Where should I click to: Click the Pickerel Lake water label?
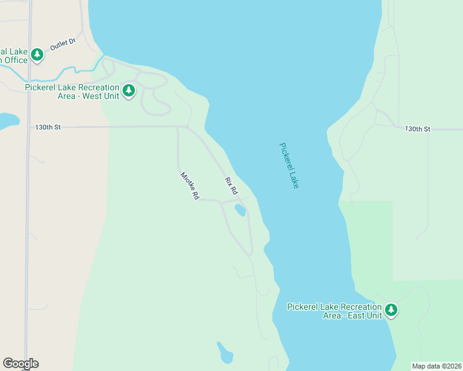pos(289,166)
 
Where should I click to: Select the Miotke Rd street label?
pos(189,185)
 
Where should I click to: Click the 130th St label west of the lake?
pos(48,127)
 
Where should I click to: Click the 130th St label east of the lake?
pos(417,129)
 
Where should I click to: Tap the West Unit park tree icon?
pos(129,91)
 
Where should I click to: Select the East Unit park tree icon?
pos(391,310)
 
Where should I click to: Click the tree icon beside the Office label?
pos(37,55)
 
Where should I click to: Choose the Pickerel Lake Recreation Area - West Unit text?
pos(72,92)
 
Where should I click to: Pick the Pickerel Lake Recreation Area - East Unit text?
pos(334,311)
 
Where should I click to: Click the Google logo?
pos(20,364)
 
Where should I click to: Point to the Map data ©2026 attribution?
pos(436,366)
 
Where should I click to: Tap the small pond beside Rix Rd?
pos(240,211)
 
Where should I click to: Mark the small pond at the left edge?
pos(7,120)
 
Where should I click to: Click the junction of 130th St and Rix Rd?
pos(185,127)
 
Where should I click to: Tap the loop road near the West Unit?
pos(155,99)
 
